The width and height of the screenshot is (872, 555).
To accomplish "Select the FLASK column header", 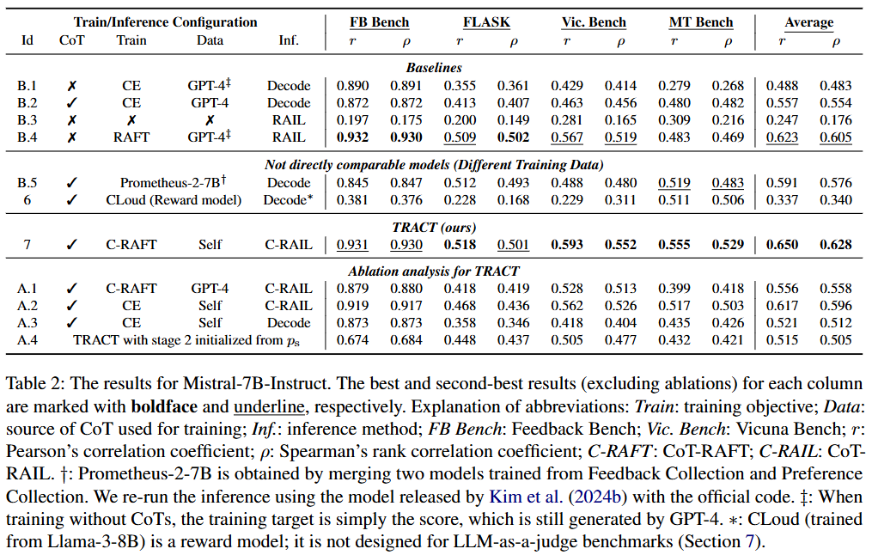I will pos(485,22).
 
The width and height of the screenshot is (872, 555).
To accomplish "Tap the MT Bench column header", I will pos(700,22).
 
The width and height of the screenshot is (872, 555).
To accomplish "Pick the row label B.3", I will pos(27,119).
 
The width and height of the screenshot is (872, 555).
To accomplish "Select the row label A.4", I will pos(27,339).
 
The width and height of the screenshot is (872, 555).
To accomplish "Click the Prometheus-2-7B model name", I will pos(168,182).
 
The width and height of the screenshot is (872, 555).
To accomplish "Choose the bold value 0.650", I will pos(782,244).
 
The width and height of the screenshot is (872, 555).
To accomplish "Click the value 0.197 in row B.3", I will pos(352,119).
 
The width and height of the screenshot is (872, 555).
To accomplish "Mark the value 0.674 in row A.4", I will pos(352,339).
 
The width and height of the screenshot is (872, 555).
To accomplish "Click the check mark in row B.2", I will pos(72,102).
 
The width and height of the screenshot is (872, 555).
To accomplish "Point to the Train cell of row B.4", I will pos(131,137).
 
